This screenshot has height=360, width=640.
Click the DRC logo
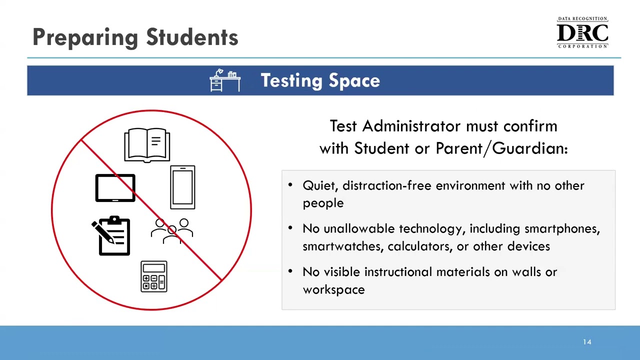point(582,33)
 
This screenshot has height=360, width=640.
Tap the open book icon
point(147,145)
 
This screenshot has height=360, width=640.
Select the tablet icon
point(115,188)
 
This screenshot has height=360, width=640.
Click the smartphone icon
point(182,187)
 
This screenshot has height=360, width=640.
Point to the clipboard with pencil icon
point(112,235)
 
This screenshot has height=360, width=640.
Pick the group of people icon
point(172,231)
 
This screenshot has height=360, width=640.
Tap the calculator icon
point(154,276)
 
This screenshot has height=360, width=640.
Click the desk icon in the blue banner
point(225,80)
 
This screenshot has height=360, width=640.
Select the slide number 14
point(587,342)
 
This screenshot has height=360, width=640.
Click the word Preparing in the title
point(85,37)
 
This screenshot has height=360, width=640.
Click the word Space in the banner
point(354,80)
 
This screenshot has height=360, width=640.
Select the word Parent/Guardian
point(501,148)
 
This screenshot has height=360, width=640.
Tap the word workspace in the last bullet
point(333,289)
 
